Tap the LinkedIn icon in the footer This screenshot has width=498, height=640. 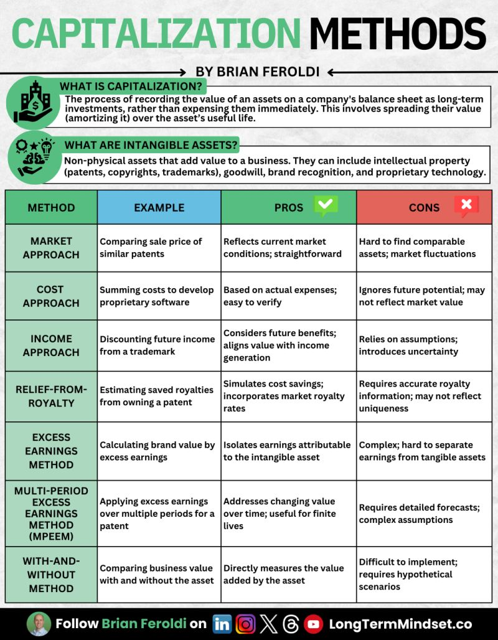tap(222, 624)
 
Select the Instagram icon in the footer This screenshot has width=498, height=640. tap(245, 624)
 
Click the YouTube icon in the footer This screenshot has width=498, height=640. tap(313, 624)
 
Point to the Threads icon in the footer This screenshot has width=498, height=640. tap(291, 624)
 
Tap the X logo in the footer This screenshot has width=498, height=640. tap(268, 624)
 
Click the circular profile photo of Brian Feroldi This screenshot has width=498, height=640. tap(39, 624)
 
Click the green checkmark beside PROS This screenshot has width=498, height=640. tap(326, 206)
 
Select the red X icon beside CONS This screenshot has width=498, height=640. tap(466, 206)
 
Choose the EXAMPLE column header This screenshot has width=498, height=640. tap(159, 207)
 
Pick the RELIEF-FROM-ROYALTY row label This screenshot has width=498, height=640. tap(51, 396)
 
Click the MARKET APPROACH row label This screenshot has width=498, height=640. tap(51, 248)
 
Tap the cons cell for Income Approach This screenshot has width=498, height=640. tap(423, 346)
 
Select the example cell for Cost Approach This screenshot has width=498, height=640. tap(159, 296)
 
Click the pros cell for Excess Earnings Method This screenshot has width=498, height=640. tap(288, 451)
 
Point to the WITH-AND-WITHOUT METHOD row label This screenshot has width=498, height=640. tap(51, 575)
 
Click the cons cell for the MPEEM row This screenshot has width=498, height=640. tap(423, 514)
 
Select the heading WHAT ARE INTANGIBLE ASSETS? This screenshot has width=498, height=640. tap(151, 146)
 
